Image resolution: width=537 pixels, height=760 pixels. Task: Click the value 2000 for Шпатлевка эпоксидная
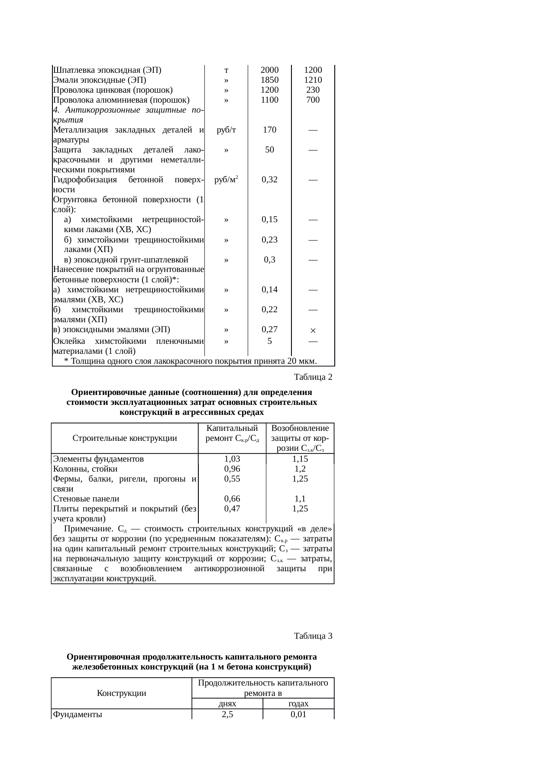[269, 70]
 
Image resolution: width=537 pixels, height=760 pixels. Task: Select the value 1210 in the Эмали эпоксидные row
[313, 80]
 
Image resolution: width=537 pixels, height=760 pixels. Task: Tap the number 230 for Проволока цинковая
[313, 90]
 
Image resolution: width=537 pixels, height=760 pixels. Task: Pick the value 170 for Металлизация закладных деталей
[269, 130]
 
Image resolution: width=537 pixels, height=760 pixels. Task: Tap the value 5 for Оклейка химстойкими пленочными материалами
[269, 341]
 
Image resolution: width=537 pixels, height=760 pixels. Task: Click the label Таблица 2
[313, 377]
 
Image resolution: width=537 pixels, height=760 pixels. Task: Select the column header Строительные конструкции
[125, 438]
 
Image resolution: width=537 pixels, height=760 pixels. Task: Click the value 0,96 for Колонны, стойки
[232, 469]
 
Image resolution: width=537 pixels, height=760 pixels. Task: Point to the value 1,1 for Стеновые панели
[300, 499]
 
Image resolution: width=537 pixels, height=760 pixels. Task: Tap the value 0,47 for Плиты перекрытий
[232, 509]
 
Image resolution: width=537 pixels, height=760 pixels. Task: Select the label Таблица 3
[313, 636]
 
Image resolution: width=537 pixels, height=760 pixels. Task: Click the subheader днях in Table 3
[227, 704]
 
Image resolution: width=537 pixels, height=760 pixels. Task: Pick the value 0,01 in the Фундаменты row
[298, 715]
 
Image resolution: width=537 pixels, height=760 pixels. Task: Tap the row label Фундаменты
[78, 715]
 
